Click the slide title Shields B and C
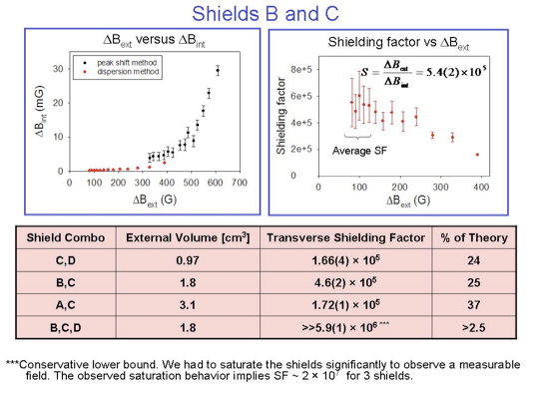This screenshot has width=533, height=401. [266, 13]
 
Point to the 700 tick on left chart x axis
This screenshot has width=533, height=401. [239, 184]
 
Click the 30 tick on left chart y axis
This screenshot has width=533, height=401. [58, 68]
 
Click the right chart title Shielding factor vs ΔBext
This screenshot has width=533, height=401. [398, 42]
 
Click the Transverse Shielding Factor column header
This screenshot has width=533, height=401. [344, 237]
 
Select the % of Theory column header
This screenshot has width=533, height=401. [474, 237]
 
